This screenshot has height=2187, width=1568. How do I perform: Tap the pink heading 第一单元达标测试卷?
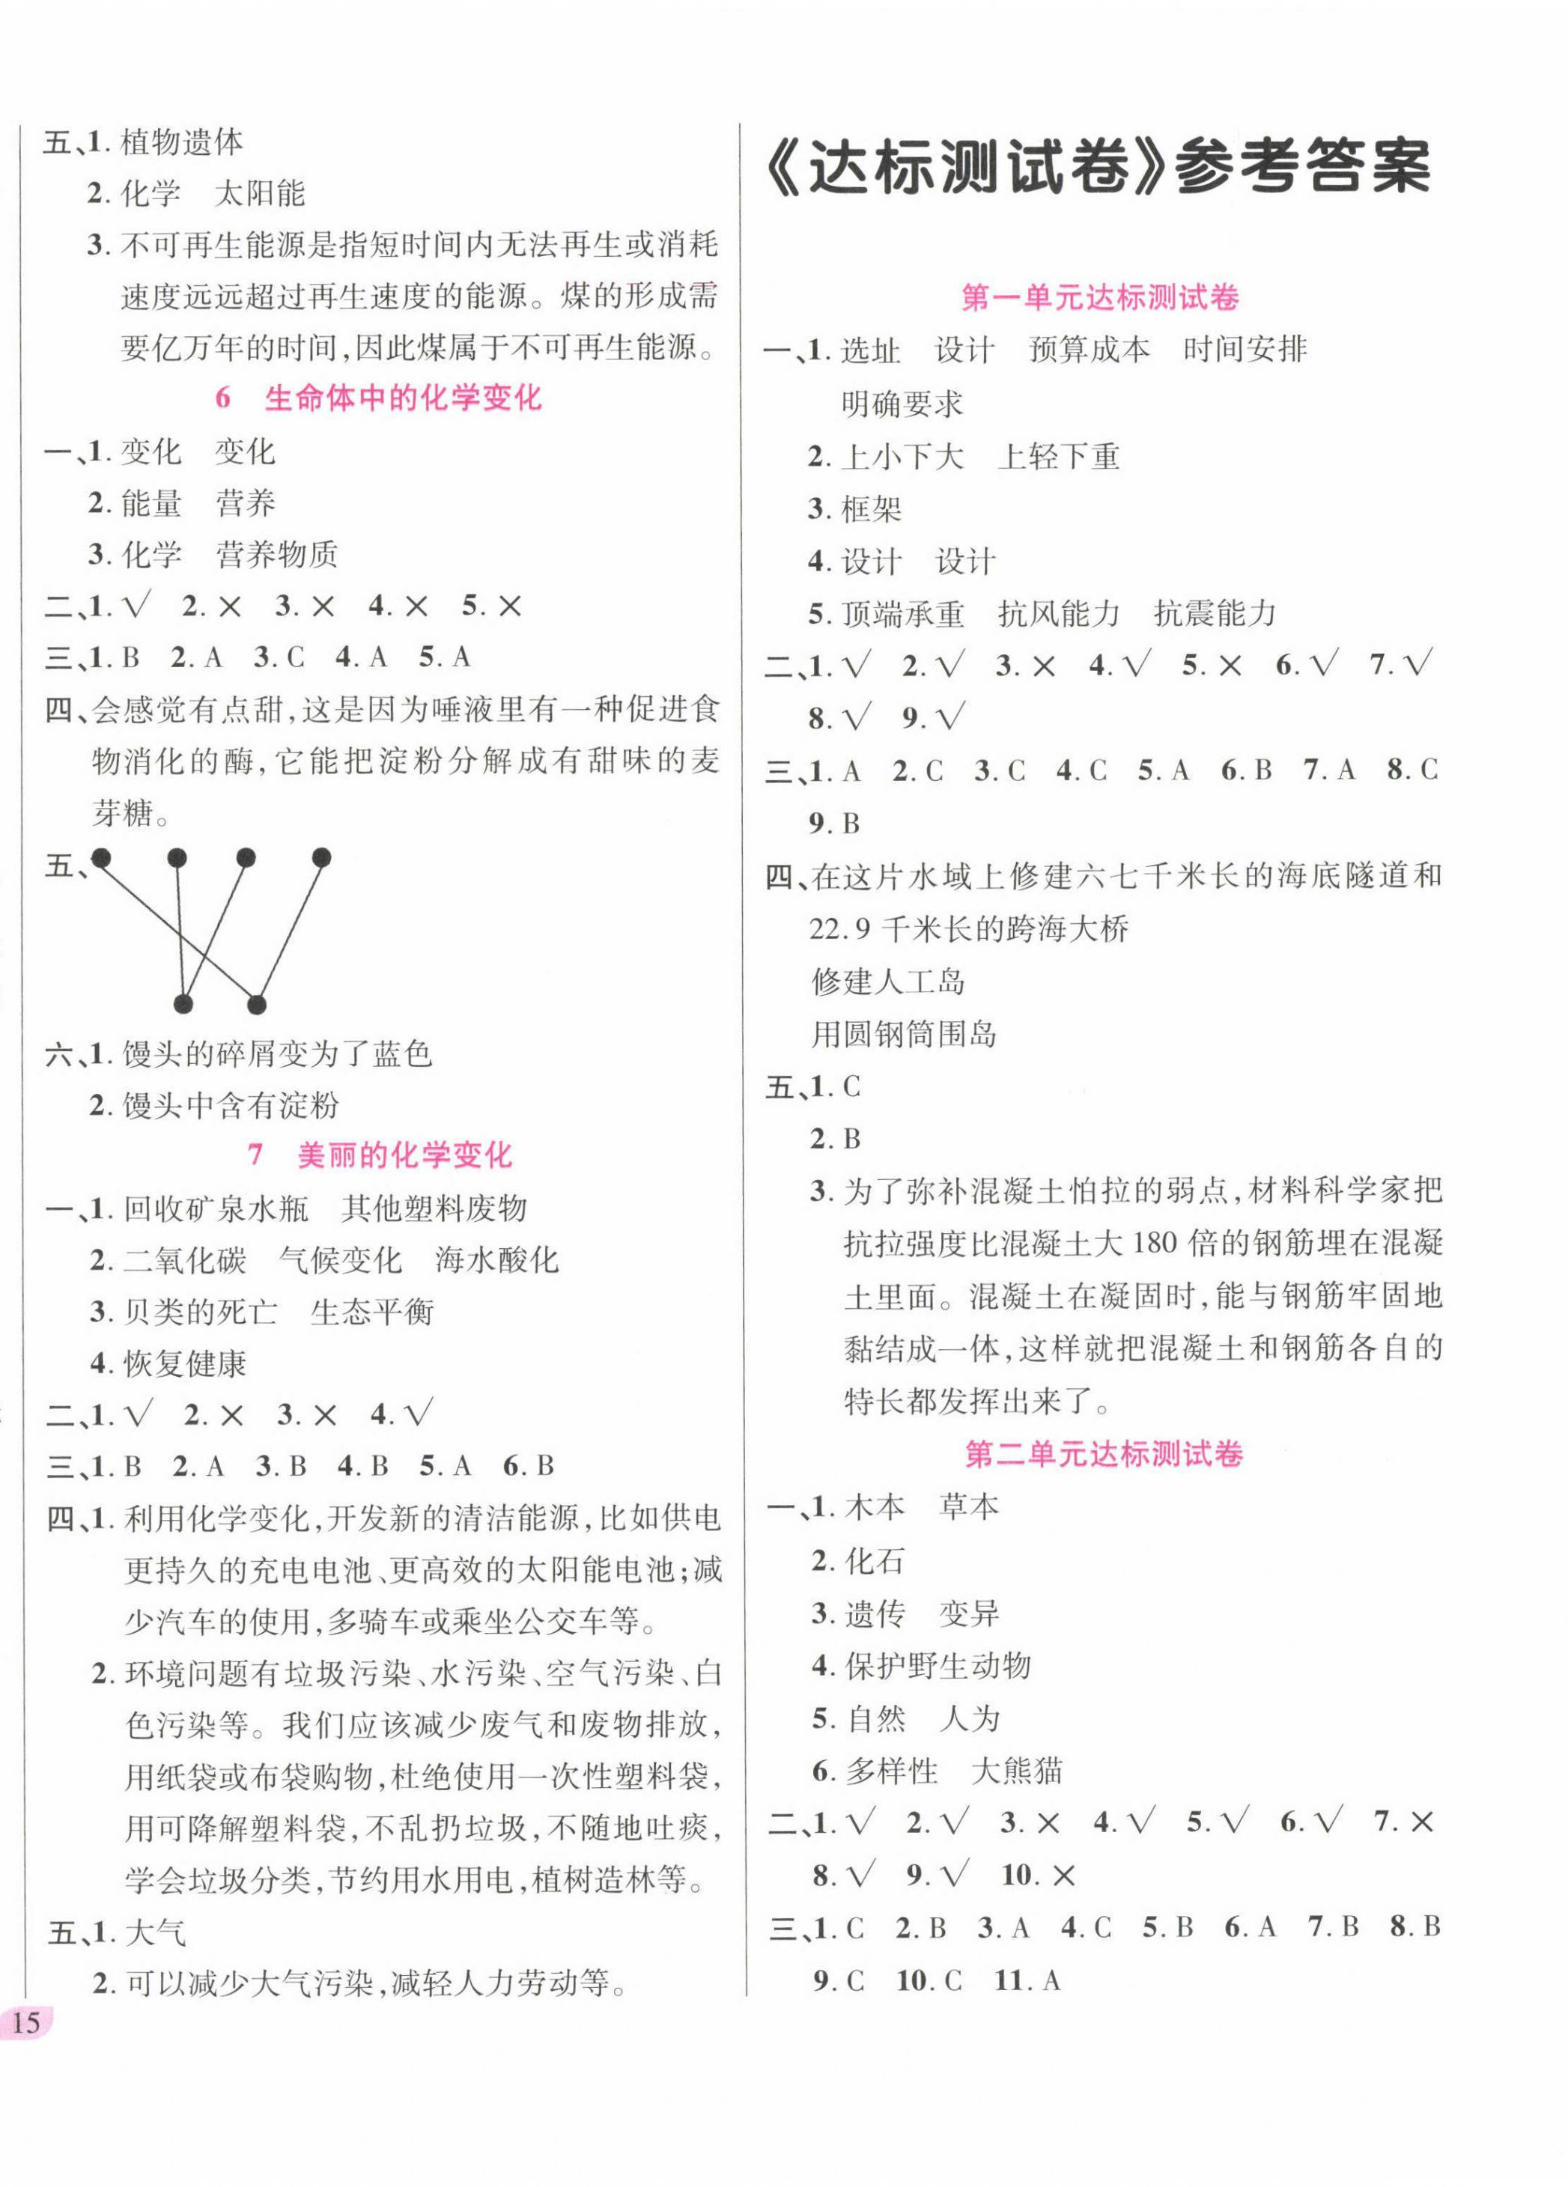1099,297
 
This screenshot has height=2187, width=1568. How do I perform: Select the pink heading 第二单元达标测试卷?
1103,1453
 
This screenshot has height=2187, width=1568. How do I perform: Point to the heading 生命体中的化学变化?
402,398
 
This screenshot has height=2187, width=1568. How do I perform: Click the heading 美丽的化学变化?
404,1155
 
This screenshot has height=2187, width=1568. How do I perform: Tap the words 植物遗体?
181,143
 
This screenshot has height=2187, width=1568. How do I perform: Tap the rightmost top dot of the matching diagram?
322,857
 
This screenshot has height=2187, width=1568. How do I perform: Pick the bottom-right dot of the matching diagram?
257,1006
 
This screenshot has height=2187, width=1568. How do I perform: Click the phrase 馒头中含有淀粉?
231,1105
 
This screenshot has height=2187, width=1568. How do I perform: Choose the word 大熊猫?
1016,1771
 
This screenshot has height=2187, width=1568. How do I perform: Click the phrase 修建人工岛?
888,982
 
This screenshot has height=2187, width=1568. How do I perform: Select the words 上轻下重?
1059,456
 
